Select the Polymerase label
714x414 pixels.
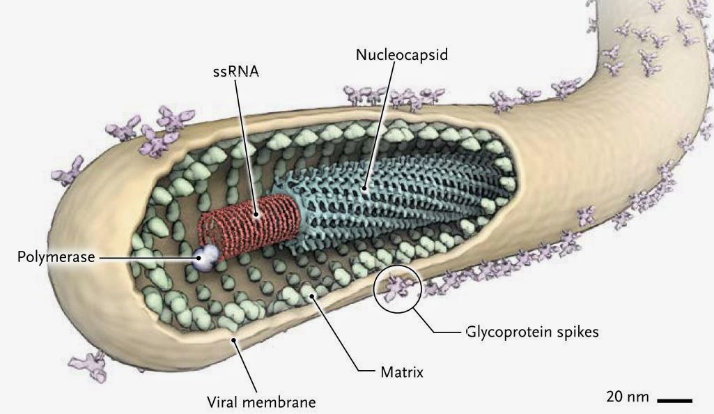click(55, 257)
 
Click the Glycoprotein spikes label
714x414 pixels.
click(531, 332)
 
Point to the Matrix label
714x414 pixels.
click(402, 372)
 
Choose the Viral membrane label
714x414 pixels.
click(261, 402)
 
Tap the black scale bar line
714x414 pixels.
click(674, 401)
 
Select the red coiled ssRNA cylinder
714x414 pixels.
click(251, 223)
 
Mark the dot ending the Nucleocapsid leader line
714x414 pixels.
click(364, 188)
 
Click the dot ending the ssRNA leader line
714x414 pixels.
click(257, 215)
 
